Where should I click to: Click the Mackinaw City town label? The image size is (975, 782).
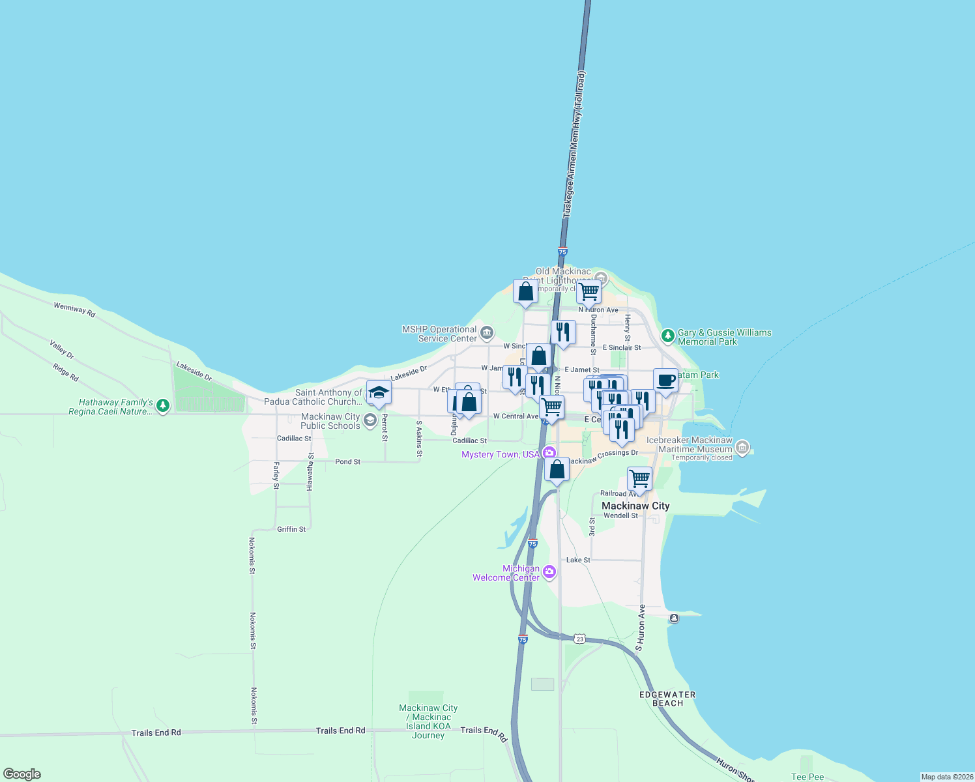[635, 506]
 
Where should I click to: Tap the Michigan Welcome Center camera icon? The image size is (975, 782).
[549, 572]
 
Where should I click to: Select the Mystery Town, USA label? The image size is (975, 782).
[501, 454]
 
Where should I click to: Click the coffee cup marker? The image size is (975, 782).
[665, 381]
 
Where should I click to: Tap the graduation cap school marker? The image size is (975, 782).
[379, 393]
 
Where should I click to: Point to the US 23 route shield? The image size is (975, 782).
[580, 639]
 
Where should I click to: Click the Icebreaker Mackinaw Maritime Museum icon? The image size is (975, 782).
[742, 448]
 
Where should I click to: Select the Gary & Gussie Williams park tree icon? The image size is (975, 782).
[667, 336]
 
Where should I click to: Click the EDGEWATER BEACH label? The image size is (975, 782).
[667, 699]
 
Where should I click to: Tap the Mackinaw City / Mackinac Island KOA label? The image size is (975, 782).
[428, 721]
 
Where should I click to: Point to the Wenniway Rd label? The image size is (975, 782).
[74, 310]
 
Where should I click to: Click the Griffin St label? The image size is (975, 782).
[291, 529]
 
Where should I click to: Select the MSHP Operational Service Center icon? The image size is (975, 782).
[487, 334]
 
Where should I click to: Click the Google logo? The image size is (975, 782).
[22, 774]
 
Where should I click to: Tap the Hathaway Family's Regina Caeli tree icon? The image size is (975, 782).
[163, 407]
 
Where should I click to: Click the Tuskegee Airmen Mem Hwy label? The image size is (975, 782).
[574, 145]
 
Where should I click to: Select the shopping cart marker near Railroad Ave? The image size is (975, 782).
[639, 478]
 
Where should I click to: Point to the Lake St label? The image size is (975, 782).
[578, 560]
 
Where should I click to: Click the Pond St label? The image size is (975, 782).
[347, 461]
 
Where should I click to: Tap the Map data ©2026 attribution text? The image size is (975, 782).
[946, 777]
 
